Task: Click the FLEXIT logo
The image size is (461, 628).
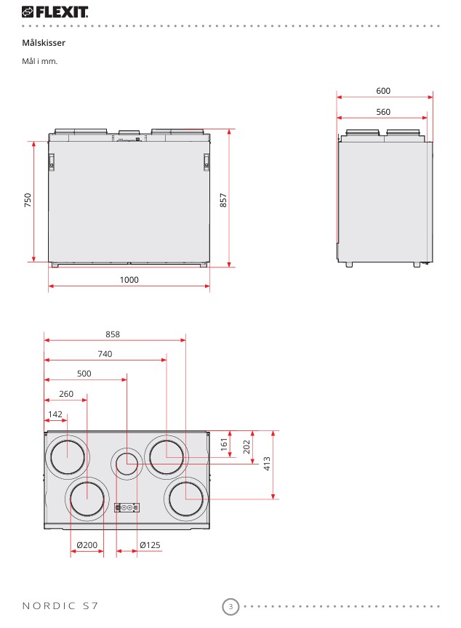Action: [55, 12]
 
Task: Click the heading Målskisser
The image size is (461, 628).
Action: [44, 43]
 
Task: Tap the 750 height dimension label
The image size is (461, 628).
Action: [28, 200]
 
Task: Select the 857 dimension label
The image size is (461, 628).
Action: [223, 200]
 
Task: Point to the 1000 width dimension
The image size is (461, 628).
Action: [129, 280]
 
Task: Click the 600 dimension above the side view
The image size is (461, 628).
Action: [383, 91]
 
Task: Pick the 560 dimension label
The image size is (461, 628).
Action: [383, 112]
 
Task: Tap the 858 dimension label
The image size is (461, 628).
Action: [113, 334]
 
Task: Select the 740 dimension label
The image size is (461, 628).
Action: [105, 354]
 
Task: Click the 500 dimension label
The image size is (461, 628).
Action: [84, 374]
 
